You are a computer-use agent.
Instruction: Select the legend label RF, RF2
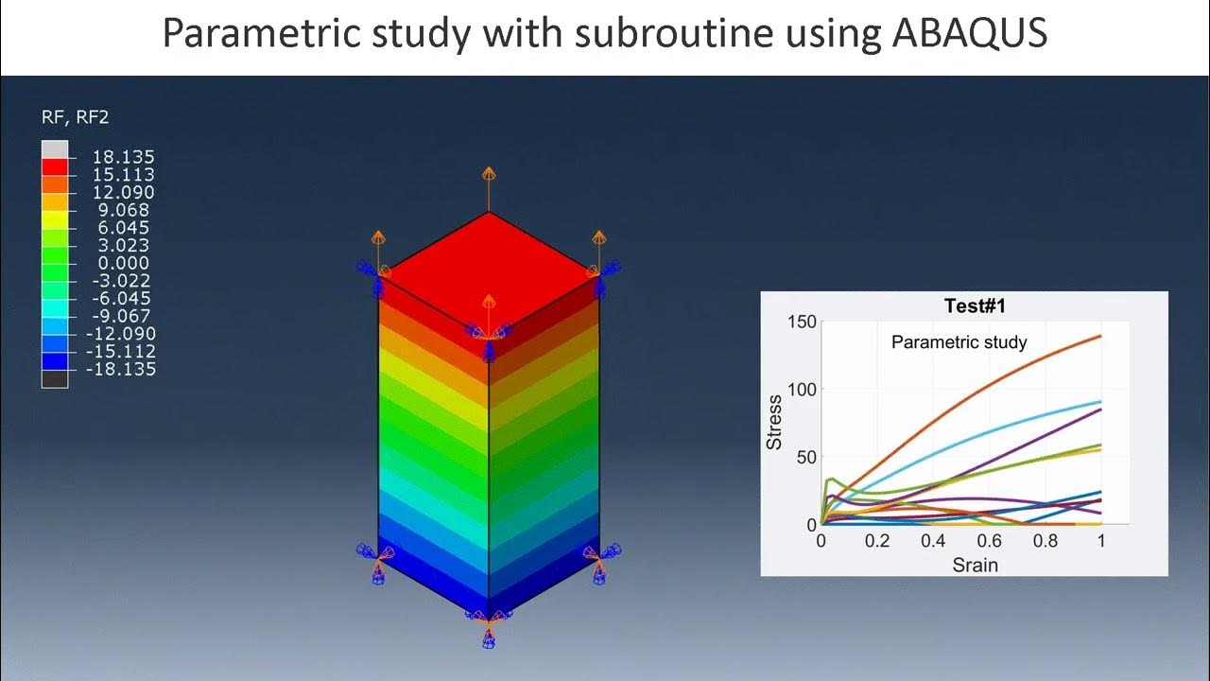click(75, 117)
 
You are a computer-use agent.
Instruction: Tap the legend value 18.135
click(123, 157)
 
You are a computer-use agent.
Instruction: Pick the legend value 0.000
click(123, 263)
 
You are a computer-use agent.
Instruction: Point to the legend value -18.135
click(120, 369)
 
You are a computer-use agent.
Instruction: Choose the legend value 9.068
click(123, 210)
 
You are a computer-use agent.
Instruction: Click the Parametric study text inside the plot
click(959, 342)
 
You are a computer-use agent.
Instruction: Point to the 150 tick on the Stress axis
click(801, 323)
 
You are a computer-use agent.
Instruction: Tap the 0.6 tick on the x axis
click(989, 541)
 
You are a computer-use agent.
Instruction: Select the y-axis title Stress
click(774, 422)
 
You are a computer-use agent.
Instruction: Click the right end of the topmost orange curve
click(1100, 336)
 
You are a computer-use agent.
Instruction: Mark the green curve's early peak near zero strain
click(830, 480)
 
